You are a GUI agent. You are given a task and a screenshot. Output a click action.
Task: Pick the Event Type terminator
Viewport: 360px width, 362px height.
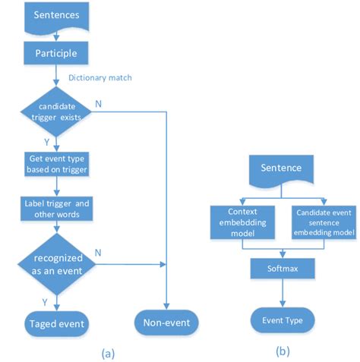(x=283, y=320)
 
